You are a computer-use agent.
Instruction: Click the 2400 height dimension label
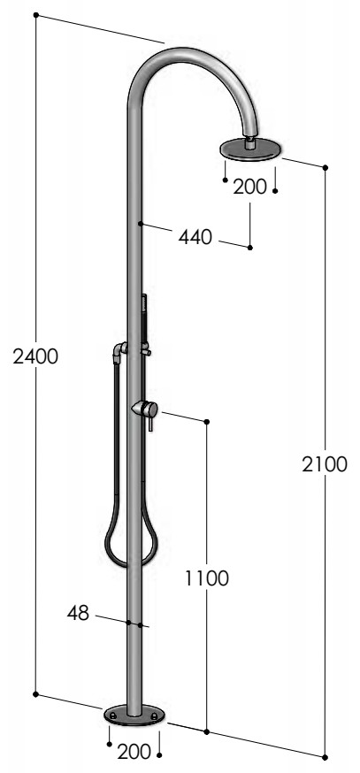click(35, 356)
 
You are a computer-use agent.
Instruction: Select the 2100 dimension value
click(325, 464)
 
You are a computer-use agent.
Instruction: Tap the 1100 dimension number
click(207, 578)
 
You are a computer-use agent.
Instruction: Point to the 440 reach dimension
click(195, 237)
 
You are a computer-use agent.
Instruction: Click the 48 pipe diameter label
click(78, 613)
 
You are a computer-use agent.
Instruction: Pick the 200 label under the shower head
click(249, 187)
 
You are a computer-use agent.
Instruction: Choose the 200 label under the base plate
click(134, 752)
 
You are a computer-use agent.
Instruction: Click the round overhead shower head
click(250, 149)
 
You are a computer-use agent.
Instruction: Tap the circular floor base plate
click(134, 716)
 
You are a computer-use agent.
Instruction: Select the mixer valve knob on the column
click(145, 409)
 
